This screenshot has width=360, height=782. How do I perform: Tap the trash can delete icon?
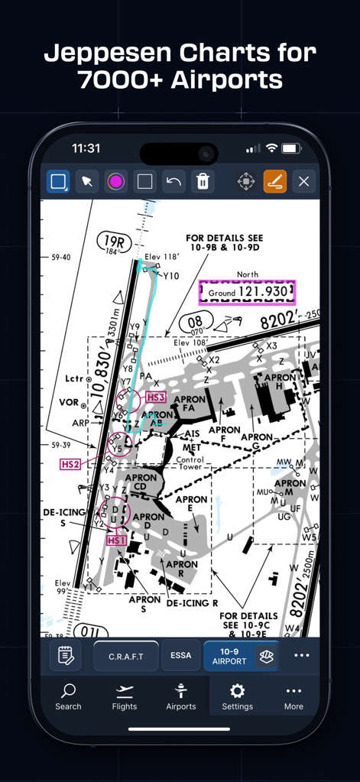(203, 181)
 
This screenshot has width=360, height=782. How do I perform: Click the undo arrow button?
(174, 181)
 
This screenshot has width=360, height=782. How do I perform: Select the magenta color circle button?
(116, 181)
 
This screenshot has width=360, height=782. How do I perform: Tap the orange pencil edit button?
(274, 181)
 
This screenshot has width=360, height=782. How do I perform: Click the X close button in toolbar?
(303, 181)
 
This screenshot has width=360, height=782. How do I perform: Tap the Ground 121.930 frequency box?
(246, 292)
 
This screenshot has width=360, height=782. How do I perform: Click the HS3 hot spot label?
(156, 397)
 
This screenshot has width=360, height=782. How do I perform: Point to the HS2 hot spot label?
(70, 464)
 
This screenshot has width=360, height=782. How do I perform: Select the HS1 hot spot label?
(116, 540)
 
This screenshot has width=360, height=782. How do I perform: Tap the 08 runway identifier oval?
(195, 323)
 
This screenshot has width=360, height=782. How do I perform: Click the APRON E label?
(191, 505)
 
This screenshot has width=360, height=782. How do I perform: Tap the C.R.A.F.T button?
(126, 656)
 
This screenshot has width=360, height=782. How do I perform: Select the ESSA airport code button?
(181, 656)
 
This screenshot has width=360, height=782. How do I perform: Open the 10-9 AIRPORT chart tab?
(230, 656)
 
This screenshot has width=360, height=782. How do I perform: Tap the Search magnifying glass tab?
(68, 696)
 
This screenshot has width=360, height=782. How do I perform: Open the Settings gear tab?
(237, 696)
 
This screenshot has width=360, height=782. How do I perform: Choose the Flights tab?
(125, 696)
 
